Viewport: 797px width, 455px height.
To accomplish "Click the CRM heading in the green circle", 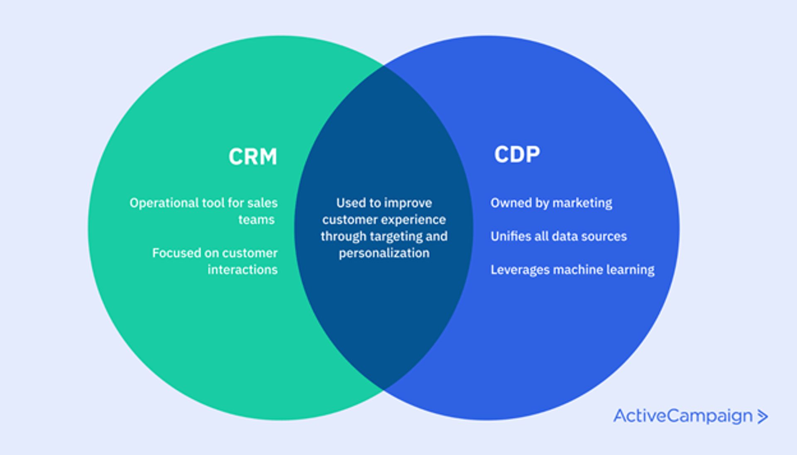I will pos(252,157).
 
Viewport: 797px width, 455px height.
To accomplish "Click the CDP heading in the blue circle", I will pos(517,155).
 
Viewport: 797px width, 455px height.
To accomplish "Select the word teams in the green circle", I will pos(256,220).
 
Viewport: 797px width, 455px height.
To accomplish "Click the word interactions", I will pos(242,270).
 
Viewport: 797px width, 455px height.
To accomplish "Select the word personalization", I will pos(384,253).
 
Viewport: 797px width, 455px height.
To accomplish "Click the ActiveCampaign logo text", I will pos(683,416).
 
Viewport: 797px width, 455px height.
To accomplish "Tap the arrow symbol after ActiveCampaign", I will pos(762,416).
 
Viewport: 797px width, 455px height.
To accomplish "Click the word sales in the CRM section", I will pos(262,203).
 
